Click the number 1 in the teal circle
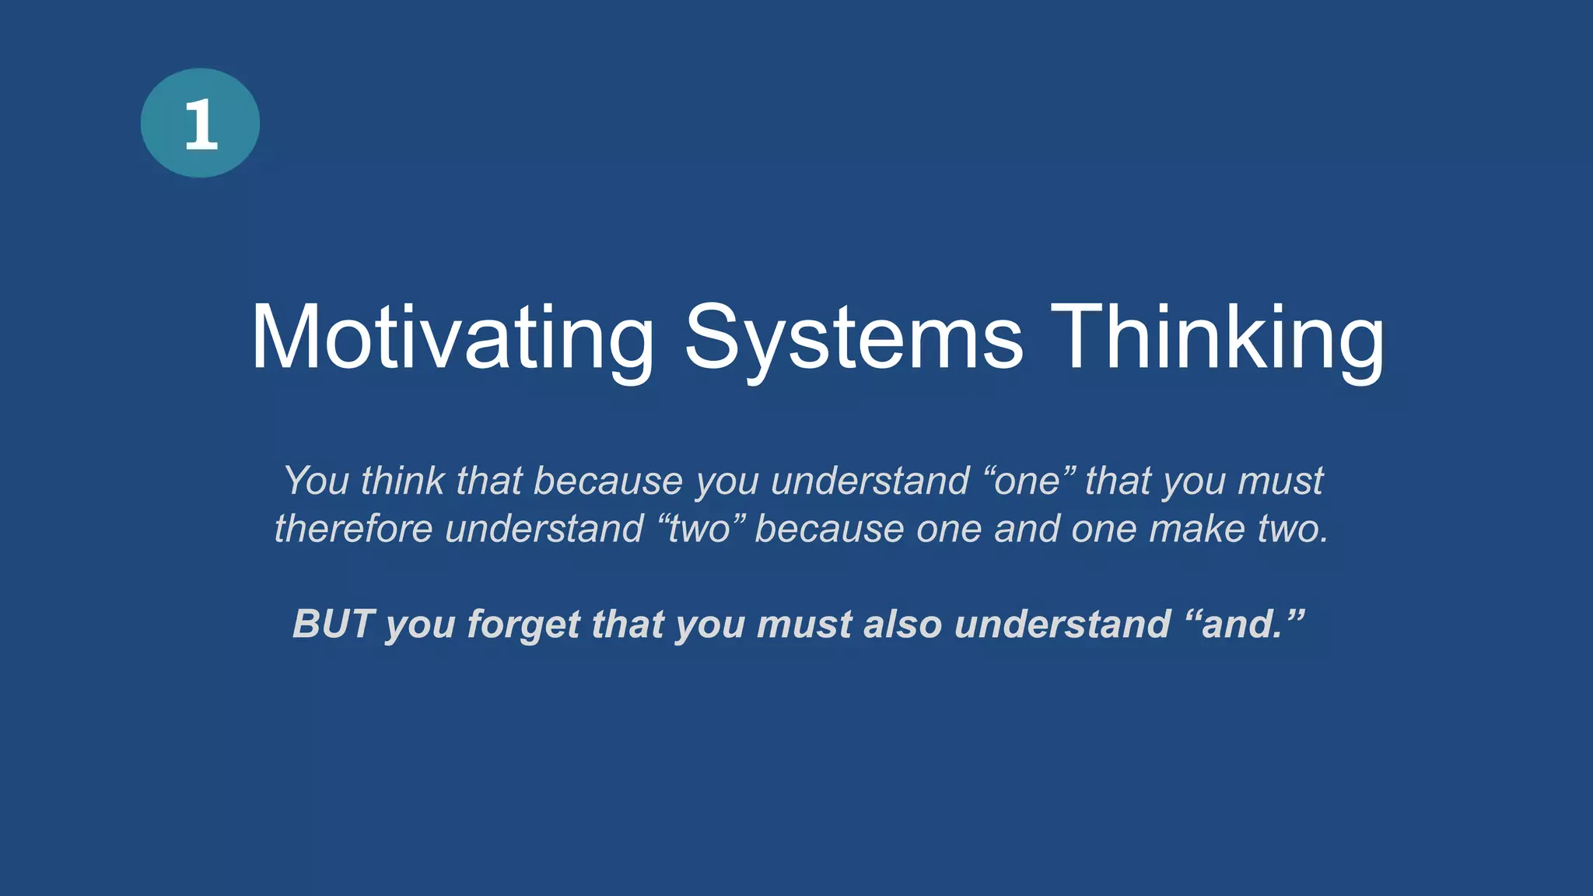click(x=200, y=124)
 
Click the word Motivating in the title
click(x=451, y=338)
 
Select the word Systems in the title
click(x=853, y=338)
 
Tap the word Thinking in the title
click(x=1217, y=338)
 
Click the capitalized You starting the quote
click(x=316, y=481)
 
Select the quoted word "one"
click(x=1027, y=481)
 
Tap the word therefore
click(x=353, y=529)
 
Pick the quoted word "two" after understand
click(x=699, y=529)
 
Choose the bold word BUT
click(x=333, y=624)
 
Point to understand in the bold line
click(x=1062, y=624)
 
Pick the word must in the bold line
click(x=804, y=624)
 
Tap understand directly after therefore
click(x=544, y=529)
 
